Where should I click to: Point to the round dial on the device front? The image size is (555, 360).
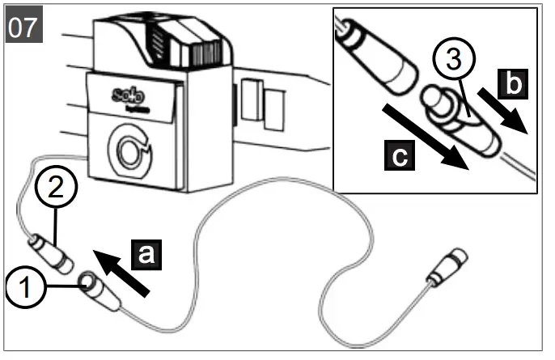point(130,150)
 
